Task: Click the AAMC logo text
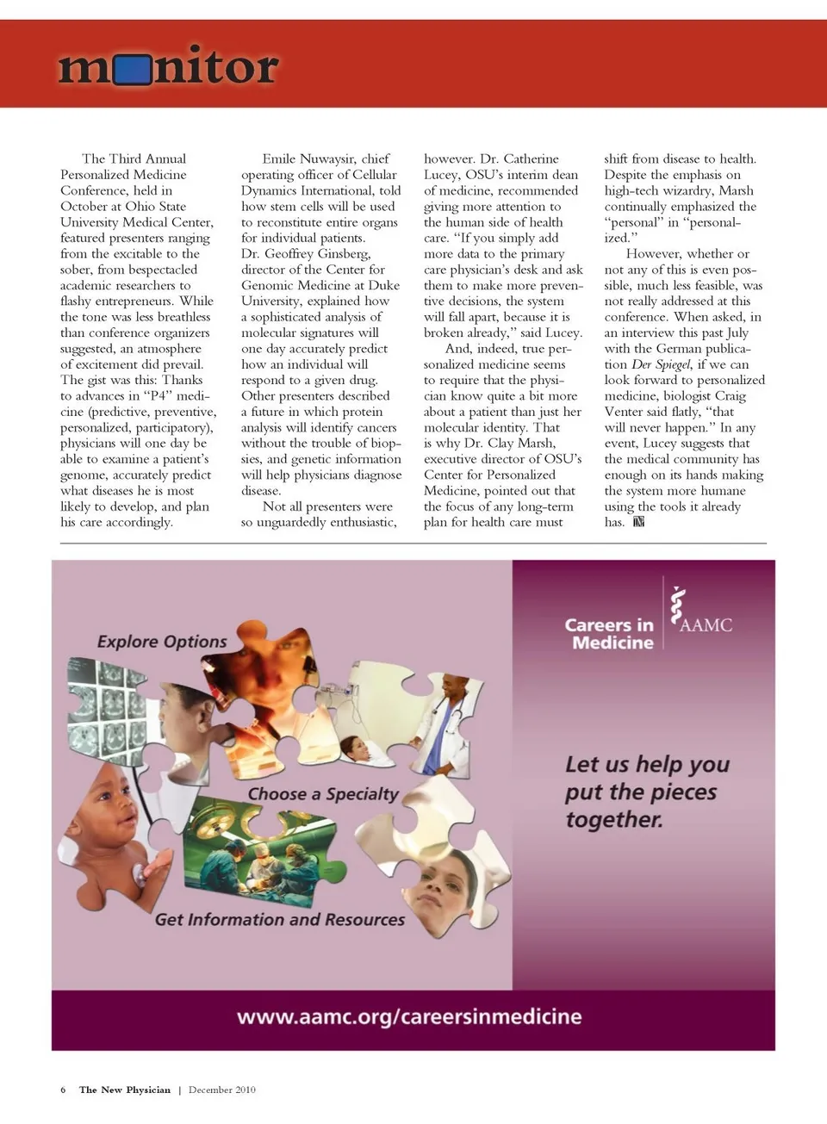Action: (x=706, y=625)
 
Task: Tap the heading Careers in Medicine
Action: (x=610, y=633)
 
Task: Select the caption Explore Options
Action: (x=162, y=642)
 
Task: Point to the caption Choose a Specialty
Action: (x=323, y=794)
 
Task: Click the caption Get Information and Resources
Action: (x=279, y=920)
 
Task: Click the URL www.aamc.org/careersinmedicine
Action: (x=409, y=1017)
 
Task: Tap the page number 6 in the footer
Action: (x=63, y=1090)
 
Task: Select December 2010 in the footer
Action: (x=222, y=1090)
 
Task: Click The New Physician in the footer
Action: (x=125, y=1090)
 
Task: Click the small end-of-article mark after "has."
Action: (x=638, y=522)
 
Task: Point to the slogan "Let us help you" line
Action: (x=647, y=765)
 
